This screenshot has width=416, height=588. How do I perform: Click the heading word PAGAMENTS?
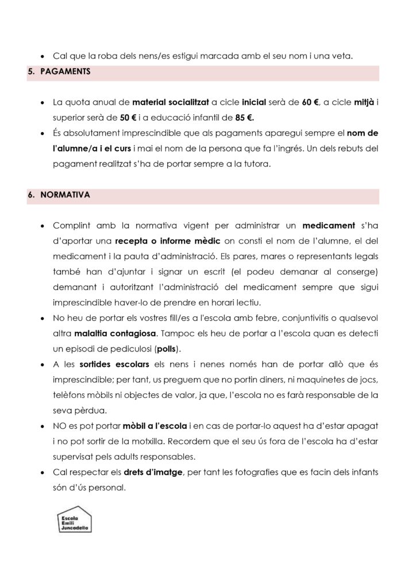pyautogui.click(x=64, y=73)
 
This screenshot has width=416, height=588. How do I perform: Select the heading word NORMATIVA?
pyautogui.click(x=65, y=195)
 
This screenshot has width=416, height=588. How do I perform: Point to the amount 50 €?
pyautogui.click(x=129, y=118)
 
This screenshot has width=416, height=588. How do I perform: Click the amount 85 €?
pyautogui.click(x=242, y=118)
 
